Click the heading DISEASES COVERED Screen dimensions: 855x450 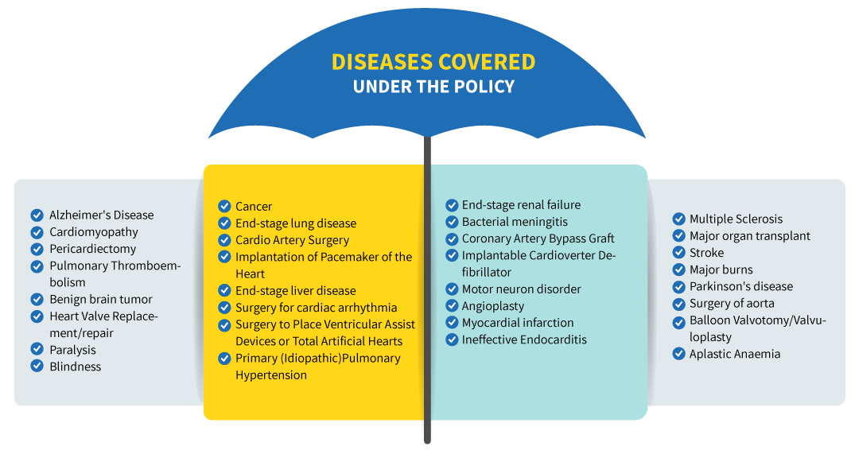tap(433, 62)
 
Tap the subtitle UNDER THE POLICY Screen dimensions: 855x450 tap(433, 87)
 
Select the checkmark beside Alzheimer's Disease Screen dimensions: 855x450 tap(37, 215)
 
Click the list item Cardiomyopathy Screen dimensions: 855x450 tap(94, 232)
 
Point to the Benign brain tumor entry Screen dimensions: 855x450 tap(101, 299)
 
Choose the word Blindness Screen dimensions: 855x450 tap(76, 367)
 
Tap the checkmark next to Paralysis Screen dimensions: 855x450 tap(37, 349)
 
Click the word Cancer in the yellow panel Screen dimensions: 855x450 tap(254, 207)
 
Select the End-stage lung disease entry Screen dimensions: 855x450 tap(296, 223)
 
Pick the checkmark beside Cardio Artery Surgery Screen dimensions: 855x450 tap(224, 240)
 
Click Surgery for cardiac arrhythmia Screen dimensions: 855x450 tap(317, 308)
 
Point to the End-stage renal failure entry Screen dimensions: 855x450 tap(521, 205)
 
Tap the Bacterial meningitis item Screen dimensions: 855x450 tap(515, 223)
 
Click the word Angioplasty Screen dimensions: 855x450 tap(493, 306)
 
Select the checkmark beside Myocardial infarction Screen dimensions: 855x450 tap(452, 323)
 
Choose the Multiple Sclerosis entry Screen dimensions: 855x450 tap(736, 219)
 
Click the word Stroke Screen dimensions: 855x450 tap(707, 253)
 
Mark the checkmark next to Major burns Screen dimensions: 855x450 tap(679, 270)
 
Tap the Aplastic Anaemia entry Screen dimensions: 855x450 tap(735, 354)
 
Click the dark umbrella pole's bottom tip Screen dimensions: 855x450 tap(428, 442)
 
